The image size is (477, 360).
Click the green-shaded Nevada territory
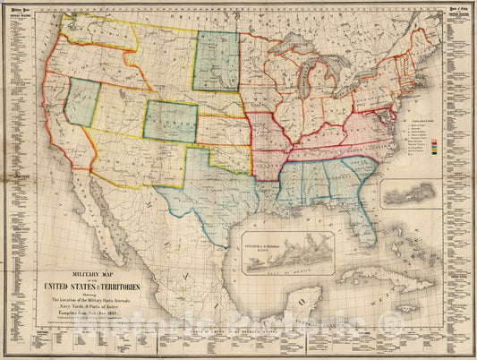[81, 100]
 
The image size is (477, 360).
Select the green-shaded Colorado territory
[170, 122]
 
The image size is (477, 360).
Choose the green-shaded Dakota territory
[217, 61]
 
